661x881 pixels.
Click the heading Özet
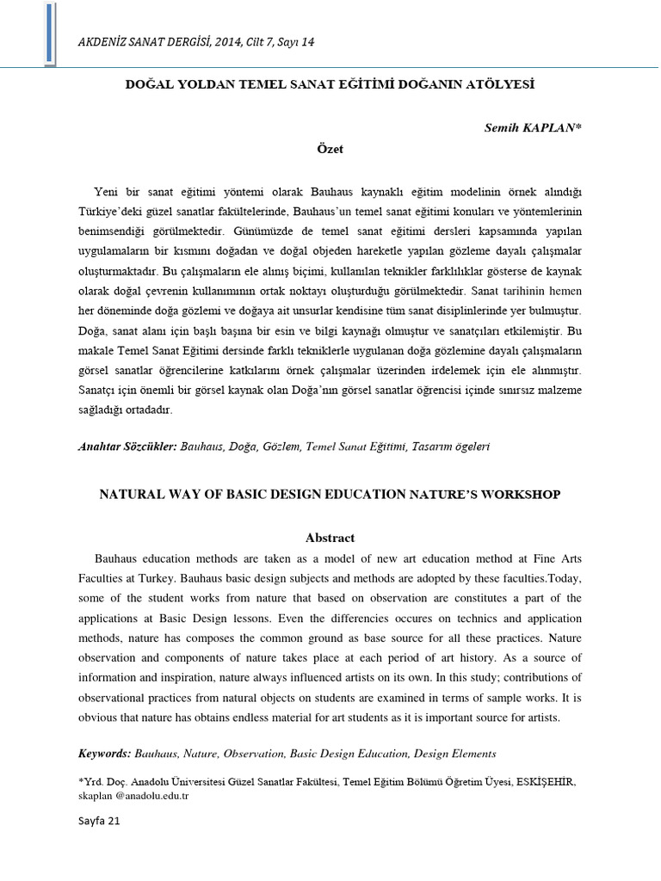coord(330,149)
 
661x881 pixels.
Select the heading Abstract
coord(330,538)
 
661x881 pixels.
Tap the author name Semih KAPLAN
coord(533,127)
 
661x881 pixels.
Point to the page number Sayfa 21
coord(99,821)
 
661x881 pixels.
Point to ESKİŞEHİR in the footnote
coord(547,782)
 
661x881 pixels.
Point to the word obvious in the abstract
coord(98,717)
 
